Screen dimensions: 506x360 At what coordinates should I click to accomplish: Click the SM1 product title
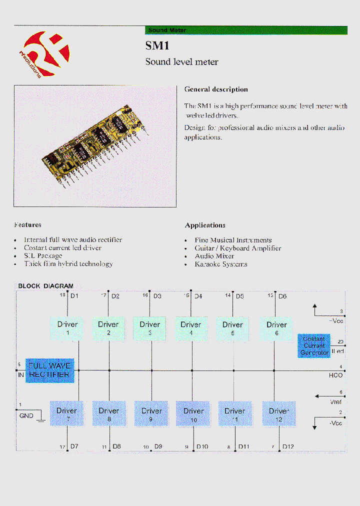coord(157,45)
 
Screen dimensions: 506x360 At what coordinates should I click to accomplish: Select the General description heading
coord(216,89)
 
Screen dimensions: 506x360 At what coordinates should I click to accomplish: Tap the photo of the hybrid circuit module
coord(95,146)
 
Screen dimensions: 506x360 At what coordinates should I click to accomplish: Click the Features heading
coord(28,225)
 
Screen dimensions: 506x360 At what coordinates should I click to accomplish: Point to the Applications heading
coord(205,225)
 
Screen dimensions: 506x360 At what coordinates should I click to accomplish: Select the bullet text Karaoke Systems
coord(221,264)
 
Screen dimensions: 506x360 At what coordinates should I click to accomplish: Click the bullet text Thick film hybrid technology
coord(68,263)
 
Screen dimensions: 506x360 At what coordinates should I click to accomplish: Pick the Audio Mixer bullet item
coord(214,256)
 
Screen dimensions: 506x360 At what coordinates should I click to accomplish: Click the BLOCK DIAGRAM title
coord(45,286)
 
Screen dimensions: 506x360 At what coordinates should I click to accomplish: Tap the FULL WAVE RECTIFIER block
coord(50,370)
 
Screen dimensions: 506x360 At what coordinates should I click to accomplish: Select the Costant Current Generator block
coord(314,345)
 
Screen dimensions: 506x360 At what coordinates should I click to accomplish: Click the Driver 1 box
coord(67,328)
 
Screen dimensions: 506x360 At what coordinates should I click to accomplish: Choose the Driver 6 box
coord(276,328)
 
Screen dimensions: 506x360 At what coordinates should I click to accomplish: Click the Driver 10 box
coord(193,414)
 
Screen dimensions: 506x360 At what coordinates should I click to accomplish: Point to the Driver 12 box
coord(278,414)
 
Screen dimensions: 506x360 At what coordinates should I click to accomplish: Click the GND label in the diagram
coord(26,415)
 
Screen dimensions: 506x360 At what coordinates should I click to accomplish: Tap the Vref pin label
coord(336,401)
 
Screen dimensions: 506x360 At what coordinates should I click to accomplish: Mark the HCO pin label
coord(336,375)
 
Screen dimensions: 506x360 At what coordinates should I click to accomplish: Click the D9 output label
coord(158,446)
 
